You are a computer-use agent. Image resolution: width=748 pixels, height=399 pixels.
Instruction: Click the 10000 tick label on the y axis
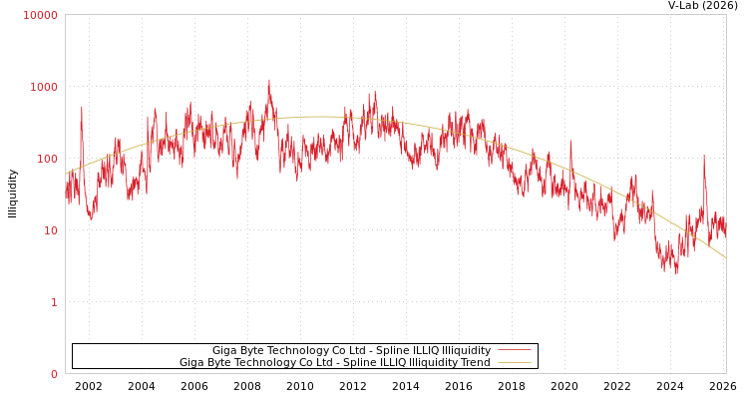click(41, 15)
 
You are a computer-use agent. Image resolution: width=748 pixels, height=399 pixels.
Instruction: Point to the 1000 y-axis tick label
click(45, 87)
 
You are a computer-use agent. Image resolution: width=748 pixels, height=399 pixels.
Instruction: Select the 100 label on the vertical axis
click(48, 159)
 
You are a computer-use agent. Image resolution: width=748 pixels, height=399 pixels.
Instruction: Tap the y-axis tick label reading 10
click(51, 230)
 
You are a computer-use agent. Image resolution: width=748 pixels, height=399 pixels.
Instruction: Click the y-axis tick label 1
click(54, 302)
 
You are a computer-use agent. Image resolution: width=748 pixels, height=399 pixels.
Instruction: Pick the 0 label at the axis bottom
click(54, 374)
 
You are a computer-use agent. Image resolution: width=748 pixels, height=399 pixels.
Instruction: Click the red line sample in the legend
click(514, 350)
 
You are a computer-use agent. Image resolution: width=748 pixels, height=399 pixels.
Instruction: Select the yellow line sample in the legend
click(514, 362)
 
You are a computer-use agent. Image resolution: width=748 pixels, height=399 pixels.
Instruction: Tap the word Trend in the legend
click(474, 362)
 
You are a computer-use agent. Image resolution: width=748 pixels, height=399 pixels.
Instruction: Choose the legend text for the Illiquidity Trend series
click(334, 362)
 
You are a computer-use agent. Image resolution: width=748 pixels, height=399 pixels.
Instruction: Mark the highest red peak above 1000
click(268, 81)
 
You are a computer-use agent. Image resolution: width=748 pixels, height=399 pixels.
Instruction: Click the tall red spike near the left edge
click(82, 107)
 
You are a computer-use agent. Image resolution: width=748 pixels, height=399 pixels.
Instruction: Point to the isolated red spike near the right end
click(704, 155)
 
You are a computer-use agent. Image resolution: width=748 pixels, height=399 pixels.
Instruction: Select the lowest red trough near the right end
click(676, 272)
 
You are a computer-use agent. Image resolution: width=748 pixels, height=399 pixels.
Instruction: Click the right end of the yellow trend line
click(725, 258)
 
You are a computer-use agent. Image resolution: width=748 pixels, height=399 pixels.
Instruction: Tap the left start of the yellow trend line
click(66, 174)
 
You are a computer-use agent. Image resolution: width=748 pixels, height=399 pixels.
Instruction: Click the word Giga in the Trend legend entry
click(192, 362)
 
